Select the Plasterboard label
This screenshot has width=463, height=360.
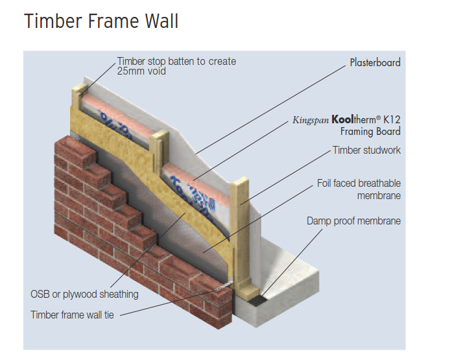(x=375, y=63)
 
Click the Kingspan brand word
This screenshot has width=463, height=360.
(x=310, y=120)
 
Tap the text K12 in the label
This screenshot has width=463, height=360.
(x=391, y=120)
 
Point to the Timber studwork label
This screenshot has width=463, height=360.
(x=366, y=150)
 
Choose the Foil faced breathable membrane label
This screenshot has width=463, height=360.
(x=359, y=189)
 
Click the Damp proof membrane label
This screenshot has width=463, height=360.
(x=353, y=221)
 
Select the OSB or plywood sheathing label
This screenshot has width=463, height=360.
(x=84, y=294)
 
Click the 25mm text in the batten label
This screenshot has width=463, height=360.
(x=128, y=71)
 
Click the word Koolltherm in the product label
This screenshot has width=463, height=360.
(x=355, y=120)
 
